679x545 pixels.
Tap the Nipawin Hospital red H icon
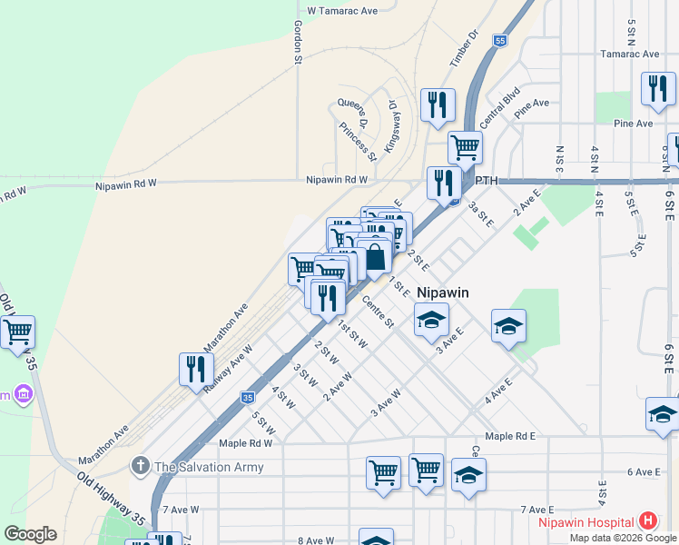pyautogui.click(x=648, y=521)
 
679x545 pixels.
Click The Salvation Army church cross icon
pyautogui.click(x=140, y=467)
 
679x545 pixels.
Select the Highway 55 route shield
pyautogui.click(x=500, y=41)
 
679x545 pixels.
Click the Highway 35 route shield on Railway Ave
pyautogui.click(x=247, y=397)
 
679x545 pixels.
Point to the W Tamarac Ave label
pyautogui.click(x=341, y=11)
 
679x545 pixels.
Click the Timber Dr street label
pyautogui.click(x=463, y=48)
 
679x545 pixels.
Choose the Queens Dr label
pyautogui.click(x=351, y=113)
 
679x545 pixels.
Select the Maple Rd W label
pyautogui.click(x=246, y=443)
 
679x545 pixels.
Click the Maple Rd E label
pyautogui.click(x=510, y=436)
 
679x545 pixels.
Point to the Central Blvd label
pyautogui.click(x=499, y=105)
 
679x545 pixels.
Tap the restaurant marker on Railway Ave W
pyautogui.click(x=196, y=368)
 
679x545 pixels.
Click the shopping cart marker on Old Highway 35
pyautogui.click(x=16, y=332)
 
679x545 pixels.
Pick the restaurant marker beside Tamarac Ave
pyautogui.click(x=657, y=88)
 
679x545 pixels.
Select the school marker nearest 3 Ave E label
pyautogui.click(x=431, y=319)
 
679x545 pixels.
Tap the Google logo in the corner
pyautogui.click(x=30, y=534)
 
